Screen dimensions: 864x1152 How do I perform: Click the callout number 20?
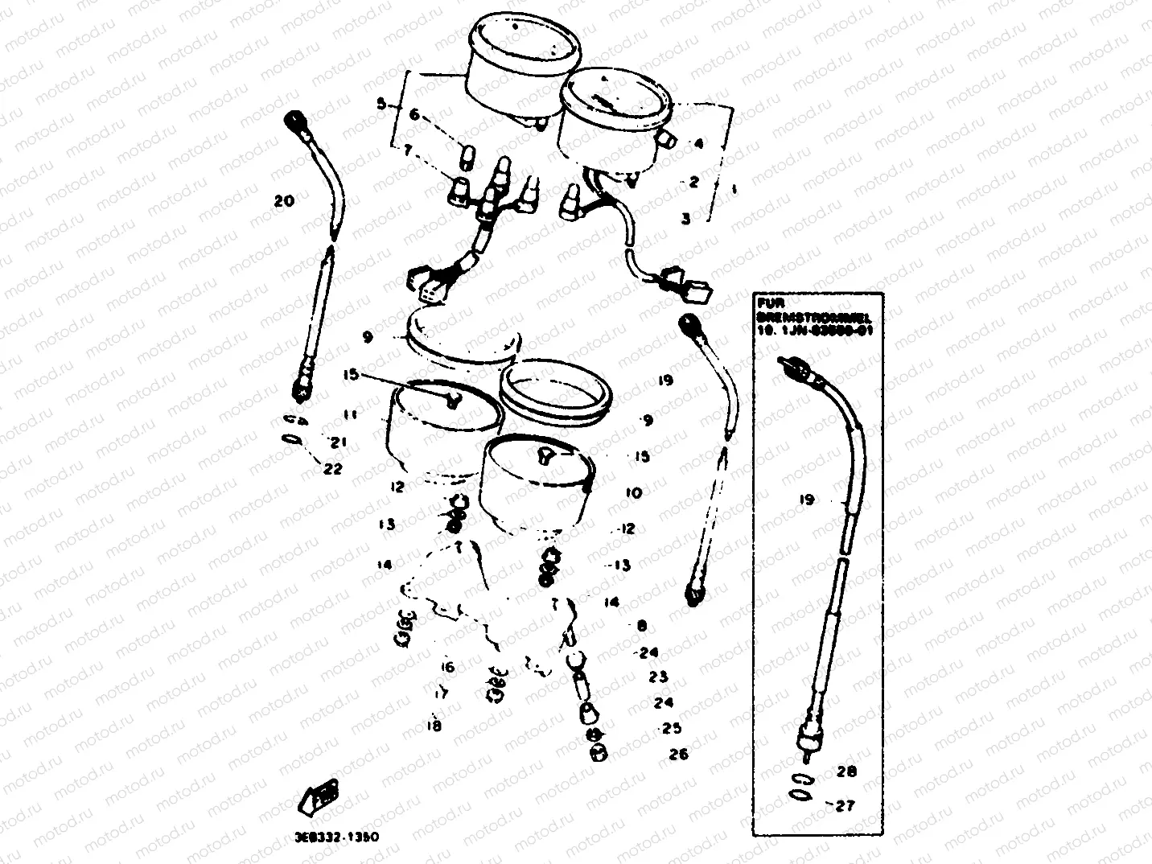click(x=284, y=202)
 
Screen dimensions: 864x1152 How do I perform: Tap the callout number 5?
click(x=381, y=104)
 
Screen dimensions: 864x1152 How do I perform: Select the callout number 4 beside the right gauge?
click(x=698, y=144)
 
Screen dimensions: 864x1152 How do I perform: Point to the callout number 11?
click(x=350, y=415)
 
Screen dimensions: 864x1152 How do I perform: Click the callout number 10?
click(x=633, y=492)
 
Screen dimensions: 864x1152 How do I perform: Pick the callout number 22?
click(x=333, y=468)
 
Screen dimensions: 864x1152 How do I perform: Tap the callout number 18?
click(x=434, y=726)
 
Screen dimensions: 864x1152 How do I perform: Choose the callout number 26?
click(x=678, y=755)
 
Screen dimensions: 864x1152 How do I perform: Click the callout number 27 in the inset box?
click(x=845, y=805)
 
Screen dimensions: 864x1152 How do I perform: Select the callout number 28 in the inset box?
click(x=846, y=772)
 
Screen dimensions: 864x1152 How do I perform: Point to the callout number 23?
click(x=658, y=677)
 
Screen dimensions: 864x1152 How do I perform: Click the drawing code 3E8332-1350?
click(x=336, y=837)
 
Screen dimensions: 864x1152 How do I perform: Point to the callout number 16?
click(x=447, y=667)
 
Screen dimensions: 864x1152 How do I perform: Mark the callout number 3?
click(x=685, y=218)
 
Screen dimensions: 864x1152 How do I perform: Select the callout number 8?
click(x=641, y=625)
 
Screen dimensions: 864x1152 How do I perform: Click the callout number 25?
click(x=671, y=728)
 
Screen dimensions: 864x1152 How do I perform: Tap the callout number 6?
click(x=414, y=115)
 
